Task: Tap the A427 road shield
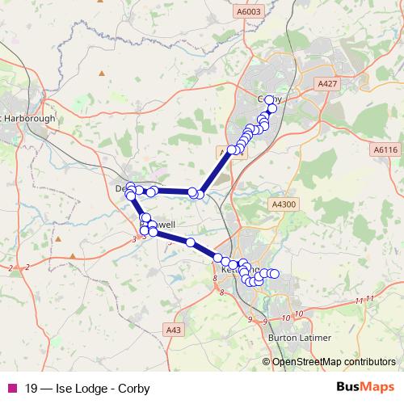click(326, 84)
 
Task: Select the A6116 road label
click(385, 150)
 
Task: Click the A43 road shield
click(173, 330)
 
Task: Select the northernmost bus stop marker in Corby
click(270, 101)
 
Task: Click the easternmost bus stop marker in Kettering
click(274, 274)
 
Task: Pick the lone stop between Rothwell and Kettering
click(191, 242)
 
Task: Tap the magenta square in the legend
click(11, 386)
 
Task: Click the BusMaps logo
click(365, 386)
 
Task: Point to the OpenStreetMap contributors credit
click(334, 362)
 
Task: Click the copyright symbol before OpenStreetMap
click(266, 362)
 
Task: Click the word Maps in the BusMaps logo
click(378, 386)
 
